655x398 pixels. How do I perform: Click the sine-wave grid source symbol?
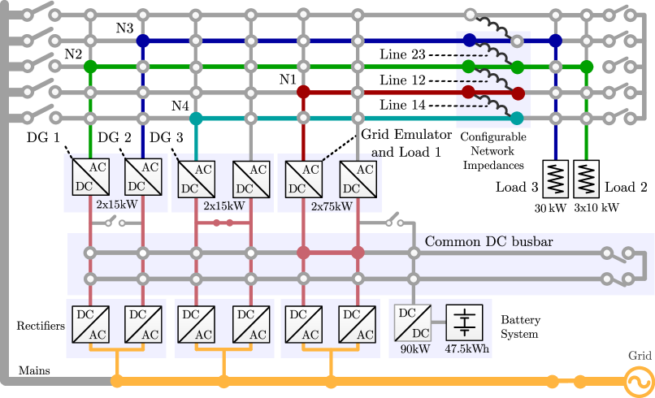click(637, 380)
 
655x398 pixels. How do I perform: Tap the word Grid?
click(640, 356)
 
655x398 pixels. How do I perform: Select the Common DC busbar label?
click(489, 242)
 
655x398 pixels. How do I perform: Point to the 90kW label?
click(414, 350)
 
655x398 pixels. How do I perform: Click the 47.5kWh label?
click(466, 350)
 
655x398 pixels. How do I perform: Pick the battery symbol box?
click(464, 322)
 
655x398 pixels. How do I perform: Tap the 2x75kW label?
click(332, 206)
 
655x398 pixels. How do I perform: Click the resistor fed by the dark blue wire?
click(556, 179)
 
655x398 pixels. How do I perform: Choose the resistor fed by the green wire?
click(586, 179)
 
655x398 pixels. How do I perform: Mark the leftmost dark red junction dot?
click(303, 92)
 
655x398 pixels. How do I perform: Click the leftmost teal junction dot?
click(196, 119)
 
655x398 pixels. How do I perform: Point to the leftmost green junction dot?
click(90, 66)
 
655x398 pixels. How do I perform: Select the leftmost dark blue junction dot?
click(143, 40)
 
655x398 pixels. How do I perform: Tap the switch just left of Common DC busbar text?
click(393, 220)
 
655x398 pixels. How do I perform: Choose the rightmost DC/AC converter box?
click(358, 324)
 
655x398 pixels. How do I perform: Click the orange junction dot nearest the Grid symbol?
click(579, 381)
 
